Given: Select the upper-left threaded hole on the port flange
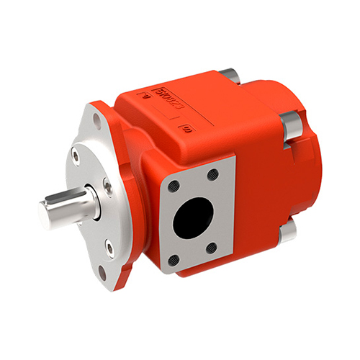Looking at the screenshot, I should click(x=174, y=186).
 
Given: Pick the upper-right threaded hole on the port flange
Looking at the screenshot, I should click(x=212, y=174).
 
